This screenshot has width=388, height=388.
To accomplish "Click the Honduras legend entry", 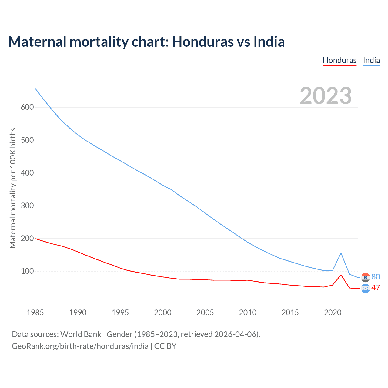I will point(339,60).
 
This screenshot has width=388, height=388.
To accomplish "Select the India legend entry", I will point(371,60).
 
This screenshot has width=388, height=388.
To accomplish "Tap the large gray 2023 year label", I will point(326,96).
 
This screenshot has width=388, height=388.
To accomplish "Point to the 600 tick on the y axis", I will point(27,107).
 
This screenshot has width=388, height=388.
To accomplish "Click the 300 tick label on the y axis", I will point(27,206).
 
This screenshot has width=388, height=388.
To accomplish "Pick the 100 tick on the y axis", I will point(27,271).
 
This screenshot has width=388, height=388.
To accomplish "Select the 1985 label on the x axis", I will point(35,313).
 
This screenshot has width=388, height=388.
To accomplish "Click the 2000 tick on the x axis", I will point(162,313).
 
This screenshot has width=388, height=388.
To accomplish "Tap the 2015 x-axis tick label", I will point(290,313).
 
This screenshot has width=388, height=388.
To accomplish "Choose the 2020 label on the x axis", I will point(333,313).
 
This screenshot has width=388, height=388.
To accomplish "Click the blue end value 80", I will point(376,277).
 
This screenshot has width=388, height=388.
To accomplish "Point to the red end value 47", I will point(376,288).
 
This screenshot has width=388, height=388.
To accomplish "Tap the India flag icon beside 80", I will point(366,277).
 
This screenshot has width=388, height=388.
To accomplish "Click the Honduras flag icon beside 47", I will point(366,289).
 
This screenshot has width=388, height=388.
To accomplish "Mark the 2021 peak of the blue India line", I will point(341,253).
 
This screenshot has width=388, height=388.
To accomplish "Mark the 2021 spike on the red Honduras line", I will point(341,275).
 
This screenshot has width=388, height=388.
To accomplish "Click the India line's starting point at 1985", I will point(35,88).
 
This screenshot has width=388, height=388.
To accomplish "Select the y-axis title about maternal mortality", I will point(13,188).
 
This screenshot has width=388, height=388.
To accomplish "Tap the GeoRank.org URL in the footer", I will point(80,346).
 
